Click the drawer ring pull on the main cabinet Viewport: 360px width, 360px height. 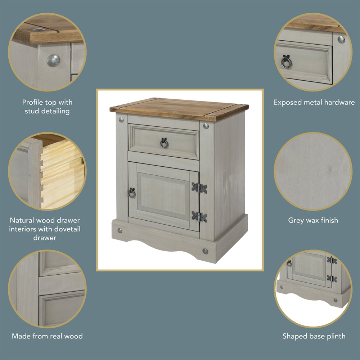164,143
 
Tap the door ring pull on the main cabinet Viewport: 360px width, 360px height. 132,193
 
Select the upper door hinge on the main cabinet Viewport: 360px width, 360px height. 199,188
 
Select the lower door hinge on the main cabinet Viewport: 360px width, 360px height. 199,217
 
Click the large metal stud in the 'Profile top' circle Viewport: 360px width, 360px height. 53,60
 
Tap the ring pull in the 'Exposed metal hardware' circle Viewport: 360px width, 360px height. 286,62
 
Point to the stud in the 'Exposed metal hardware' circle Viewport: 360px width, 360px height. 341,40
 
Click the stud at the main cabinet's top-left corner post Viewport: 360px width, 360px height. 121,120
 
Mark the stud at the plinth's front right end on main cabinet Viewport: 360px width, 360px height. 205,251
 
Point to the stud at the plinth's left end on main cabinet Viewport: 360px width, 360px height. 120,230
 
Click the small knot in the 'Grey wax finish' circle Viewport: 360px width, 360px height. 330,170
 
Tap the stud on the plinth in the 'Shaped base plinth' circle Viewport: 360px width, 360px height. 336,300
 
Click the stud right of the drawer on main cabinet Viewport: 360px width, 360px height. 206,126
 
